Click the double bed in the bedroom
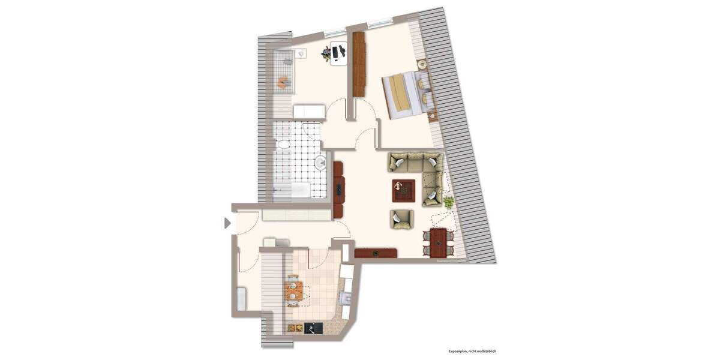coord(408,95)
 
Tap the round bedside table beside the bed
coord(421,64)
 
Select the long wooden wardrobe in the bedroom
coord(359,64)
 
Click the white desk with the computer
coord(339,54)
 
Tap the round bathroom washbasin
coord(320,162)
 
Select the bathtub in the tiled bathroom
coord(292,191)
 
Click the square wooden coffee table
coord(404,191)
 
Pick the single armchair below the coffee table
coord(401,219)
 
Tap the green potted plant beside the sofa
coord(448,202)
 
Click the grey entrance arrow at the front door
coord(227,223)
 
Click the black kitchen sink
coord(313,328)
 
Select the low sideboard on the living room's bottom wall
coord(376,253)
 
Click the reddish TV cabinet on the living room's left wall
coord(338,190)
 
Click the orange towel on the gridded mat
coord(282,82)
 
